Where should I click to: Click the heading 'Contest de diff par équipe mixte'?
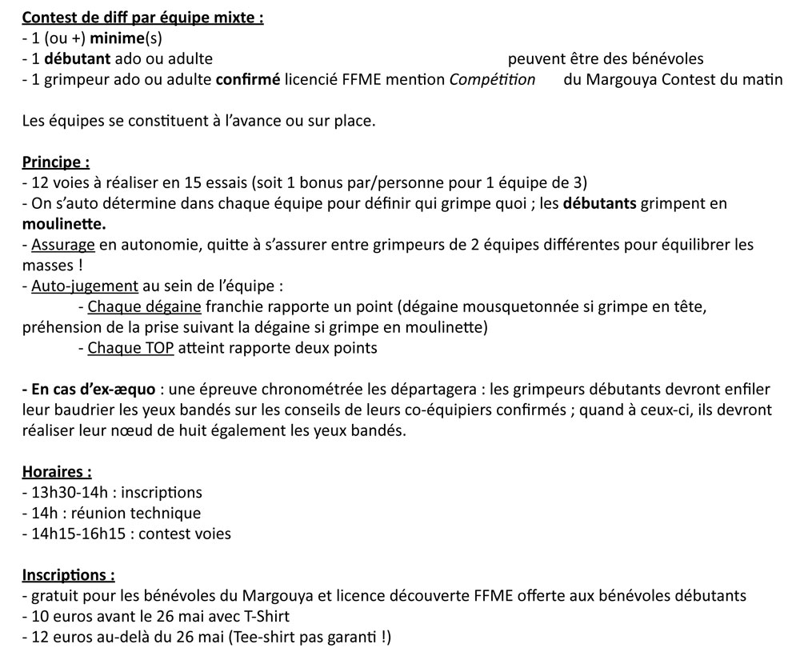pyautogui.click(x=142, y=17)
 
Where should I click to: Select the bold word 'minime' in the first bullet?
pyautogui.click(x=118, y=38)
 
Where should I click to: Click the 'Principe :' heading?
pyautogui.click(x=55, y=162)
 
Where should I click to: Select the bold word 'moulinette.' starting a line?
pyautogui.click(x=64, y=224)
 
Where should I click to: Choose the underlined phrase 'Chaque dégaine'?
pyautogui.click(x=146, y=307)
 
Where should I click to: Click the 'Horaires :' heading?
pyautogui.click(x=57, y=472)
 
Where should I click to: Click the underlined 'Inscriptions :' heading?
pyautogui.click(x=68, y=575)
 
